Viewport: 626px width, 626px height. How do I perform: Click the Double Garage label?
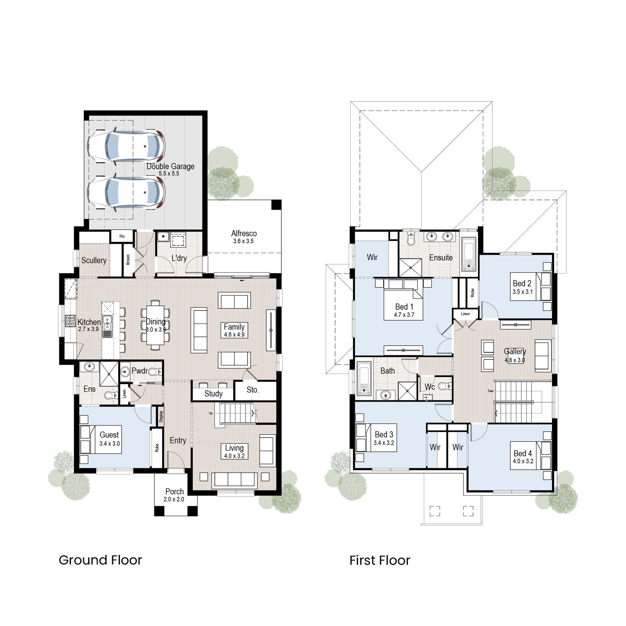(x=170, y=169)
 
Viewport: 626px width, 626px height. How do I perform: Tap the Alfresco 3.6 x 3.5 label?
(x=244, y=237)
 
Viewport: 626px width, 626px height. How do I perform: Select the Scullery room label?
(x=94, y=260)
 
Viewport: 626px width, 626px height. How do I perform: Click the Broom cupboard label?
(x=128, y=259)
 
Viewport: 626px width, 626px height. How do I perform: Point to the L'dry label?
(x=179, y=258)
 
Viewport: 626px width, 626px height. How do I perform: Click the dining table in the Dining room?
(x=155, y=324)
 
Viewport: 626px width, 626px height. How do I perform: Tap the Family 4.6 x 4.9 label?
(x=234, y=330)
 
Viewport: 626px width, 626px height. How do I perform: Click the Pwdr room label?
(x=140, y=371)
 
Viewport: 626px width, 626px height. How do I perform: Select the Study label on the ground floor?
(x=213, y=394)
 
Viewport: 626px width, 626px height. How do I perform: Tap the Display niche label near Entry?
(x=161, y=417)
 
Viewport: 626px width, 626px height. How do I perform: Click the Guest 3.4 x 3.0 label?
(x=109, y=439)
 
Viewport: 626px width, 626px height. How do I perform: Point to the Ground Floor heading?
(x=100, y=560)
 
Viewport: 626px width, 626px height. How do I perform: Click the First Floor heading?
(x=380, y=560)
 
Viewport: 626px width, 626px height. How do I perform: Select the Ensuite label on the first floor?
(x=441, y=258)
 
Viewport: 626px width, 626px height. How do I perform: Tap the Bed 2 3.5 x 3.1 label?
(x=522, y=287)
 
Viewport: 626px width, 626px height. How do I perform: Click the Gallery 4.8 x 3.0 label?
(x=515, y=355)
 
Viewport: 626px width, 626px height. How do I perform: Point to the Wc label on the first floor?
(x=430, y=387)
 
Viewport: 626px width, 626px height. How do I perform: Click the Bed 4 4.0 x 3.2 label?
(x=523, y=457)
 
